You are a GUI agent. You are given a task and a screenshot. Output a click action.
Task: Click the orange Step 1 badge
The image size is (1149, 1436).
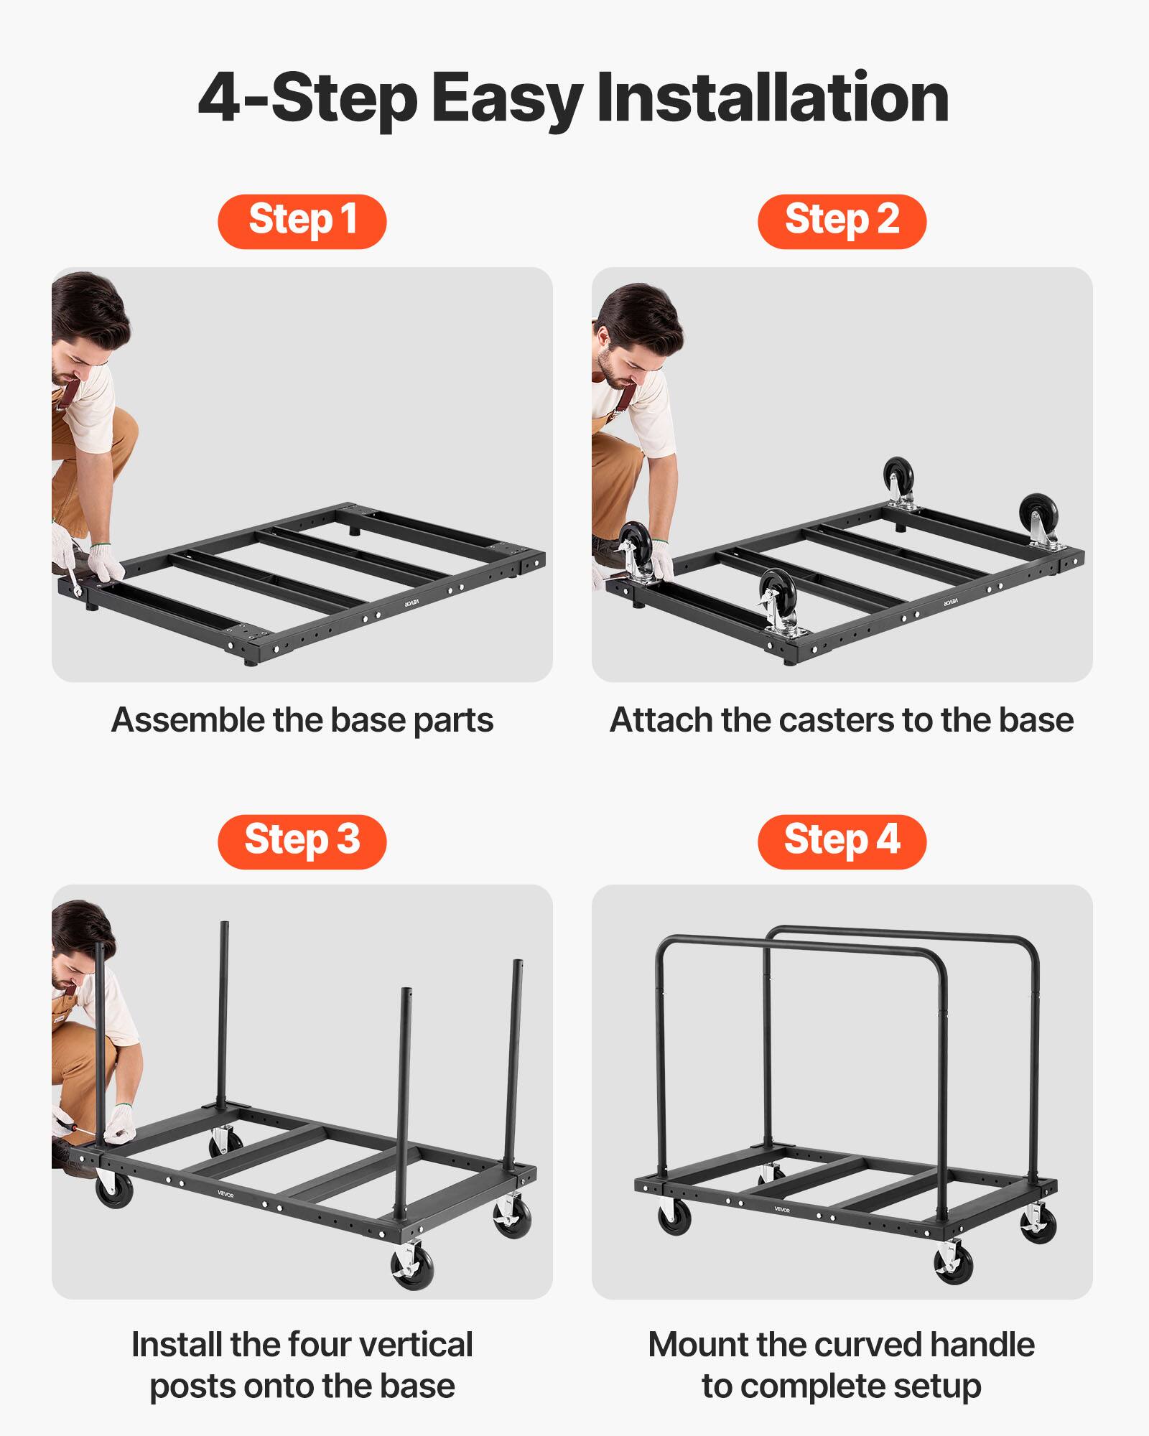coord(302,221)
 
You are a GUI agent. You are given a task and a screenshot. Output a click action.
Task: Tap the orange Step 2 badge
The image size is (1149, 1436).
coord(842,221)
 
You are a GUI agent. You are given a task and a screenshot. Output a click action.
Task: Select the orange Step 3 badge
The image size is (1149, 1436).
coord(302,841)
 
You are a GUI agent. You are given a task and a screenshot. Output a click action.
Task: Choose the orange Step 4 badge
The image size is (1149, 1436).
coord(842,841)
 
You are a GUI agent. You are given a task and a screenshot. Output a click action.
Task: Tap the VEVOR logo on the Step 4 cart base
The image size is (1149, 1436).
coord(782,1210)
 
